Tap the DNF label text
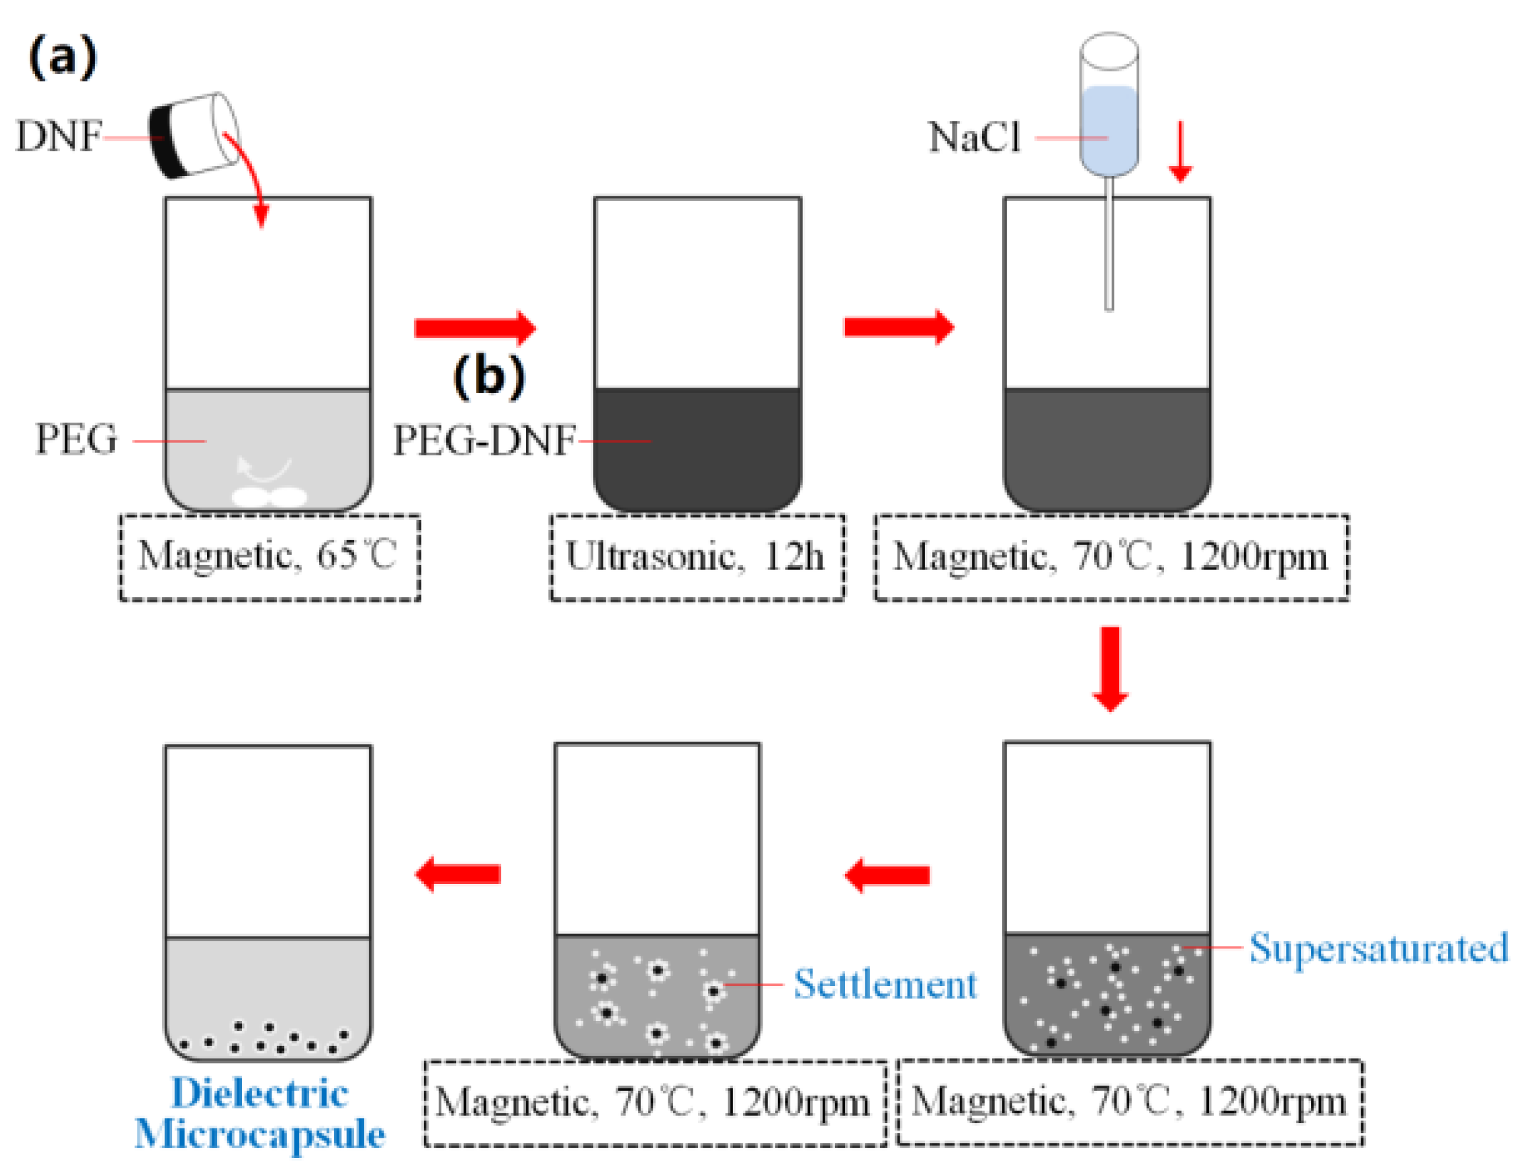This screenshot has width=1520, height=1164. point(59,136)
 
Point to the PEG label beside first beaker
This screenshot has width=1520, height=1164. point(76,439)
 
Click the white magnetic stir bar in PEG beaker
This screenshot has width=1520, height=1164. point(269,496)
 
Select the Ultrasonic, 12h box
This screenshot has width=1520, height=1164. point(697,558)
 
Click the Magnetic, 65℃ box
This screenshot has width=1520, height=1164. point(270,558)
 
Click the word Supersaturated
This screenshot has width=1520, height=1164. point(1378,948)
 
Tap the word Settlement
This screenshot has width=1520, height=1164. point(885,984)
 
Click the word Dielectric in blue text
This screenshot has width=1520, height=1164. point(260,1093)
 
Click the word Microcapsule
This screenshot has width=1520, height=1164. point(260,1134)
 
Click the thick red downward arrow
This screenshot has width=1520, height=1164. point(1110,668)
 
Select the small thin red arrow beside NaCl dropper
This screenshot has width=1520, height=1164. point(1180,152)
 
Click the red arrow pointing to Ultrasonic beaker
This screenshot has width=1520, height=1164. point(475,328)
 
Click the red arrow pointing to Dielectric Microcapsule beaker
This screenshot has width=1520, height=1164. point(457,875)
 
